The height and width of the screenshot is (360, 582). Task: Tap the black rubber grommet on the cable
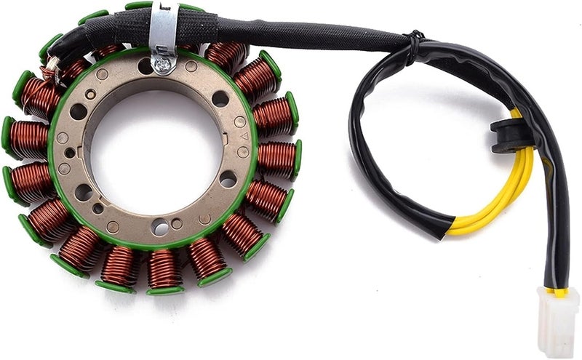click(x=513, y=136)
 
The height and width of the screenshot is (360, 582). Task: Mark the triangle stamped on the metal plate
click(x=245, y=136)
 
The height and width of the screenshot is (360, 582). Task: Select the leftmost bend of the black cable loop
click(x=355, y=138)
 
